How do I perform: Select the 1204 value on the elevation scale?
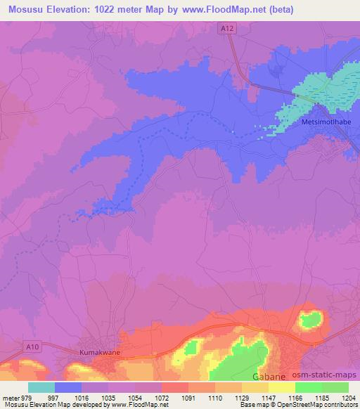(x=349, y=397)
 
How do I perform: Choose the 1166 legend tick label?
(x=296, y=397)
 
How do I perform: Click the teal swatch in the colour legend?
(x=41, y=387)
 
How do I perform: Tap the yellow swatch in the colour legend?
(x=281, y=387)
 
